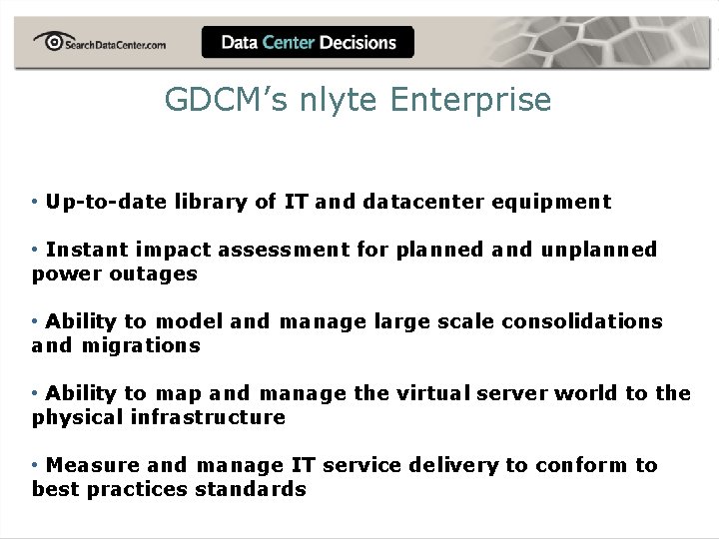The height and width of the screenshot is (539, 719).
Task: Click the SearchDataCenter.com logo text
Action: coord(116,44)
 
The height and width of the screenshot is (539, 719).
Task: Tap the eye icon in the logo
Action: coord(49,40)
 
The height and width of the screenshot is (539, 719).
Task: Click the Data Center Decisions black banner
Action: coord(309,43)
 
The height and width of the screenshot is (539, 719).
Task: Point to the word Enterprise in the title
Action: coord(471,100)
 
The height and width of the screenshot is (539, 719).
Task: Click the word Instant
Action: coord(87,250)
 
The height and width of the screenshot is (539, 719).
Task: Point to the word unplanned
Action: coord(599,250)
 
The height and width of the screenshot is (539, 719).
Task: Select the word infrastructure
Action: coord(208,417)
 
